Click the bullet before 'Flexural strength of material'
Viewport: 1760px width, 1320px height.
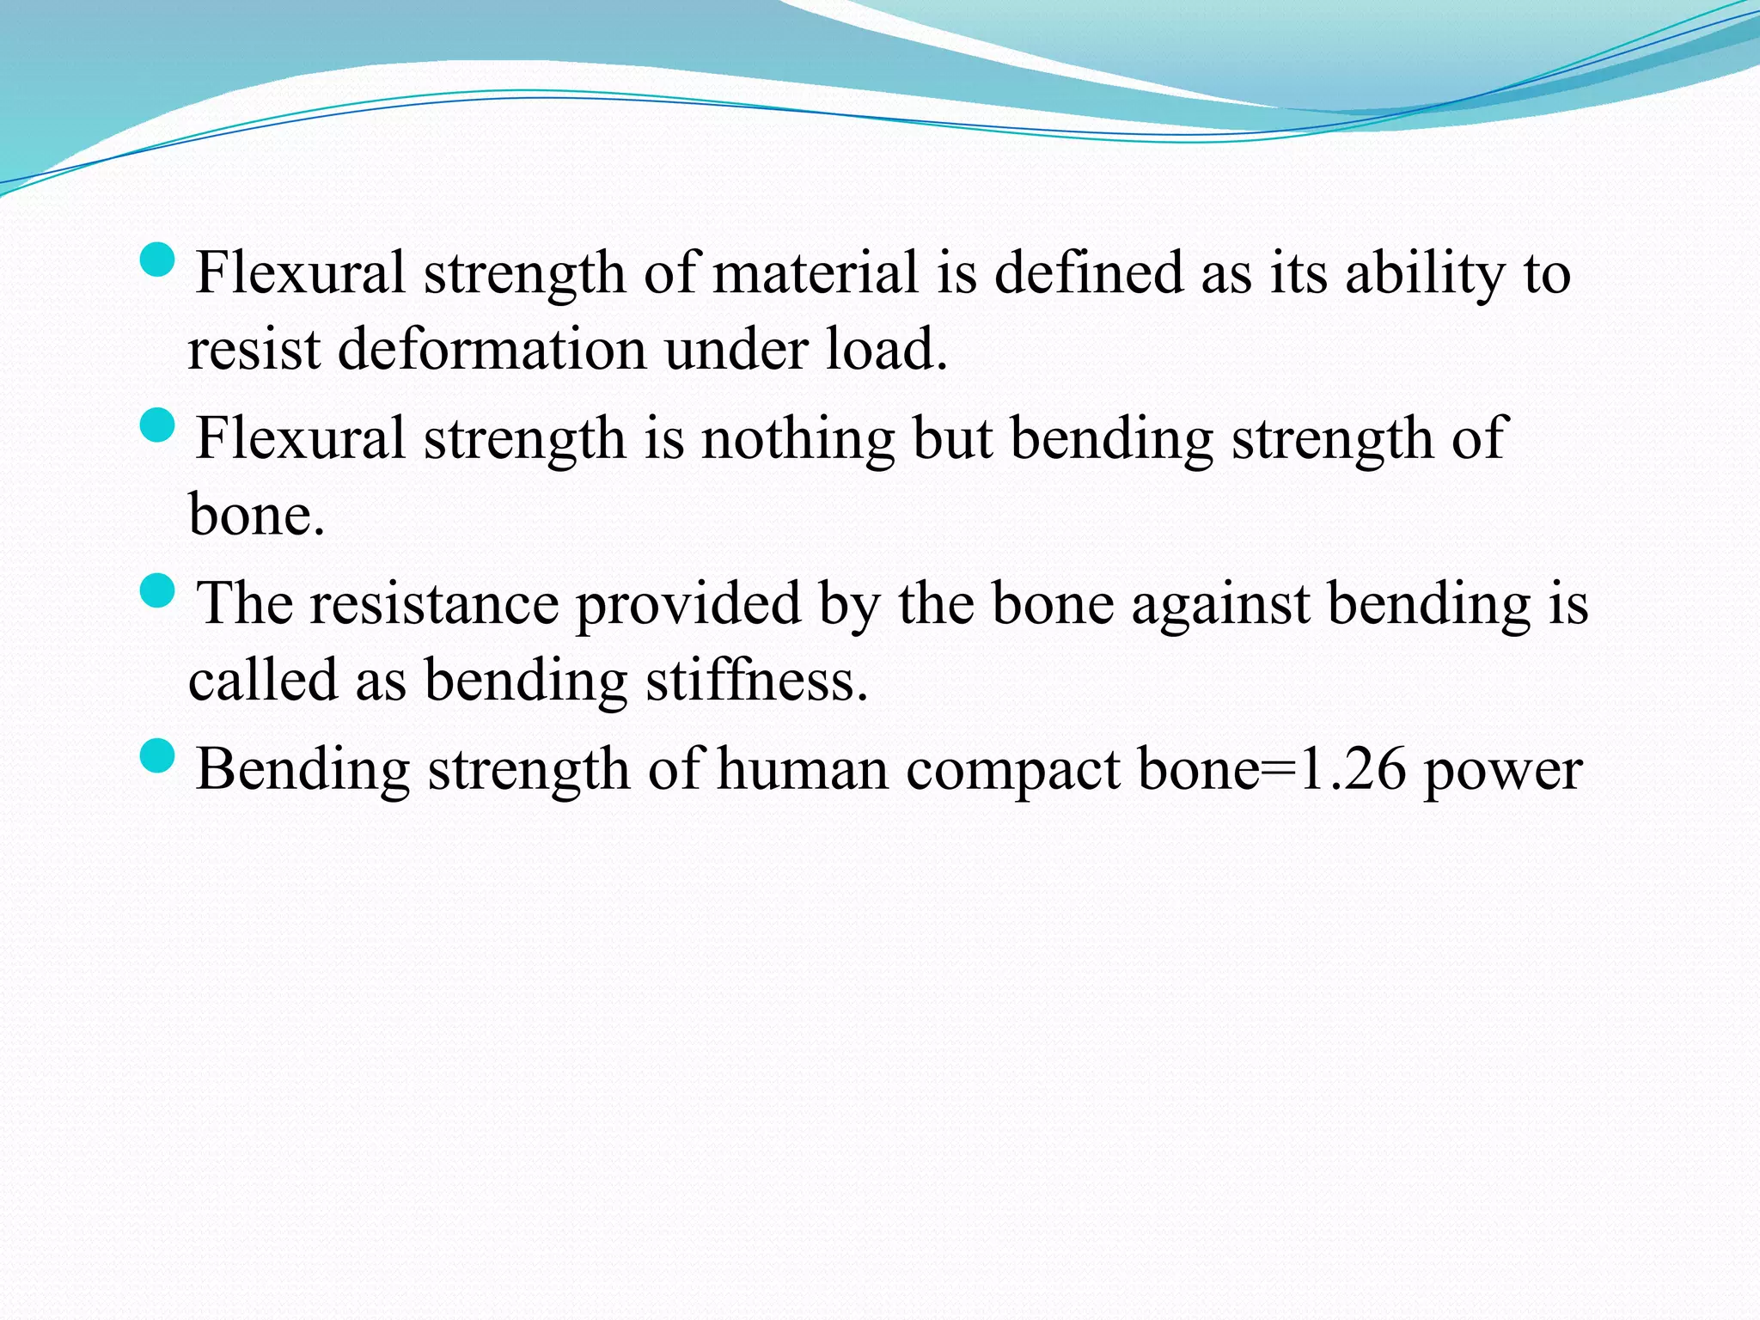pos(156,260)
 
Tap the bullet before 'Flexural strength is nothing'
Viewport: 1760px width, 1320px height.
pos(156,425)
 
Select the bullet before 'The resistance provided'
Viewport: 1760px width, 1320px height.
pos(156,590)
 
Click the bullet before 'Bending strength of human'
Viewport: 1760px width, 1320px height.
pos(156,756)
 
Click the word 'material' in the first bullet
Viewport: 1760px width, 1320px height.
pos(816,273)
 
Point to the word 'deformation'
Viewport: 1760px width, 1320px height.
pos(492,350)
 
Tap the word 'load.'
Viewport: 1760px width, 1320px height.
pos(887,350)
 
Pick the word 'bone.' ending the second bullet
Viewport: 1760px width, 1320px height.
pos(256,515)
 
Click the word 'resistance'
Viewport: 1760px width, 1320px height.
pos(434,604)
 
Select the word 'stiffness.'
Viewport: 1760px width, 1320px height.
pos(757,681)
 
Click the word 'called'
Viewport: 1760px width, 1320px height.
pos(263,681)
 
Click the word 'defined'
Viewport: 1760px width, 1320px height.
pos(1089,273)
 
